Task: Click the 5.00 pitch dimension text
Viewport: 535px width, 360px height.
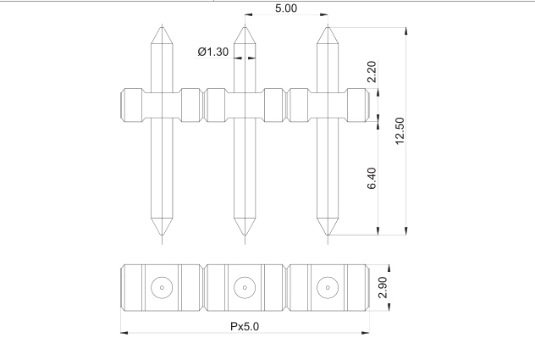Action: click(x=285, y=8)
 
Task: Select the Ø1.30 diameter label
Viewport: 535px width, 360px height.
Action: click(x=212, y=53)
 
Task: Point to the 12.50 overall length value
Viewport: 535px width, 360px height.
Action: click(x=400, y=130)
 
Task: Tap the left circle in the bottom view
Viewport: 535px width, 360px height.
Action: click(x=162, y=288)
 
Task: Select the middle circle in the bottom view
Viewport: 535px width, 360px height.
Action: click(x=245, y=288)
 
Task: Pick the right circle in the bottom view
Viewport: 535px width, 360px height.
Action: click(x=327, y=288)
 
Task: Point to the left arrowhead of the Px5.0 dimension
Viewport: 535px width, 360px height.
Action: click(x=124, y=333)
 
